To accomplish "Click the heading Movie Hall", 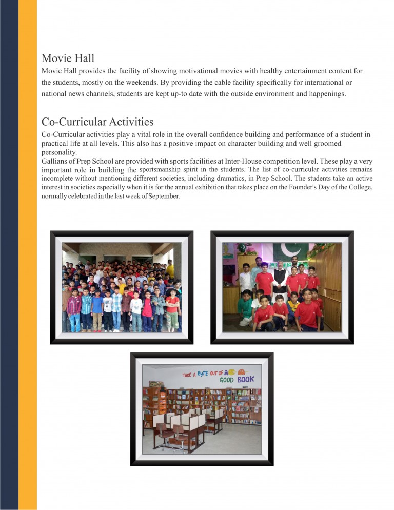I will (68, 58).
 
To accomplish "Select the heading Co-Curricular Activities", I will (97, 122).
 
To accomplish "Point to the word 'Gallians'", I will (56, 161).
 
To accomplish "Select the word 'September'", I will (163, 196).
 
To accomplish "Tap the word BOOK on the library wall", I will (246, 380).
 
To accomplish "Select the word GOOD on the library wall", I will (226, 380).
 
